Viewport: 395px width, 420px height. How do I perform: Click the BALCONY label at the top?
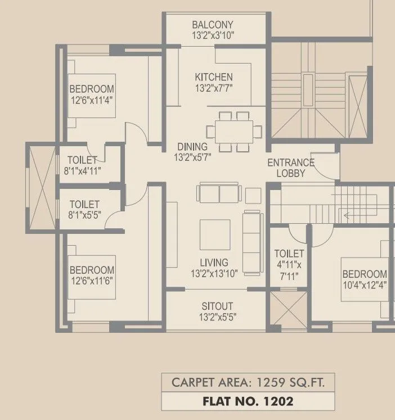(212, 25)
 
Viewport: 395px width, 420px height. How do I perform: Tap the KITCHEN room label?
(213, 77)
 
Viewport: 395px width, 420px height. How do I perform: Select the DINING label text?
(192, 147)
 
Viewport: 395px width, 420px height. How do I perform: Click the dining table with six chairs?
(234, 132)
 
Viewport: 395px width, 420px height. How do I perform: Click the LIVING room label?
(214, 263)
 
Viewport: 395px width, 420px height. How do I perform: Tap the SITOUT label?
(217, 306)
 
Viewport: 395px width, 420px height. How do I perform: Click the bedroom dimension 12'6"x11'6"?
(92, 281)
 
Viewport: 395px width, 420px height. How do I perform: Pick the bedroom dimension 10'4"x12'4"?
(365, 284)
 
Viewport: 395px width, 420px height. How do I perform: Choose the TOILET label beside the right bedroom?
(289, 254)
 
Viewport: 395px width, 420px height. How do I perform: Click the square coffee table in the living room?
(215, 234)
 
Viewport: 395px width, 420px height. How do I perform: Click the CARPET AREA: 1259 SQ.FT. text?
(248, 383)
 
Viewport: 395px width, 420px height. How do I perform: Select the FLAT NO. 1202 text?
(248, 401)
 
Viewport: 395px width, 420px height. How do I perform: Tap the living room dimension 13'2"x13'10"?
(214, 273)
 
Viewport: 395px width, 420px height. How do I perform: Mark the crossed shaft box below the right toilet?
(289, 308)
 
